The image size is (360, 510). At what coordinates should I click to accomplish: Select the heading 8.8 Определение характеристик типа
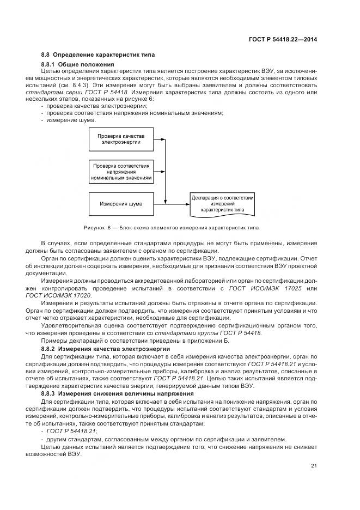click(x=97, y=55)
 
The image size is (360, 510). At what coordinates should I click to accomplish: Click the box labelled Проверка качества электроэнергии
click(x=118, y=139)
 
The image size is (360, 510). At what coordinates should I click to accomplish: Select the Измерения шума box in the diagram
click(x=121, y=204)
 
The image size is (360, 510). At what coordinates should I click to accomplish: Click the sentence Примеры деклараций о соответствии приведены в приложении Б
click(x=135, y=341)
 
